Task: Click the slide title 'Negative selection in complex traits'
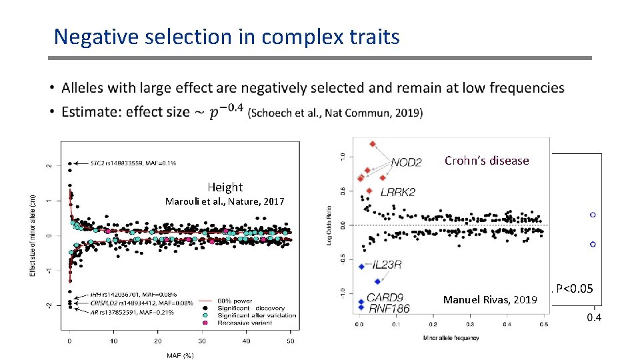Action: tap(227, 36)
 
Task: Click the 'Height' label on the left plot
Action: tap(225, 187)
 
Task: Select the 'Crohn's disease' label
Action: tap(486, 161)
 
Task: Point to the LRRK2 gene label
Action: tap(397, 192)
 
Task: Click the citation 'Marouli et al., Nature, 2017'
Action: tap(225, 201)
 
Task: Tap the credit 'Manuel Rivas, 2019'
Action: tap(490, 300)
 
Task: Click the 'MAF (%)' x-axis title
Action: tap(179, 355)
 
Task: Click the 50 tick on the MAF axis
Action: tap(290, 341)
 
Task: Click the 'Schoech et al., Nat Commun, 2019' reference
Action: tap(335, 113)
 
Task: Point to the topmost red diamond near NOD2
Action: tap(373, 144)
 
